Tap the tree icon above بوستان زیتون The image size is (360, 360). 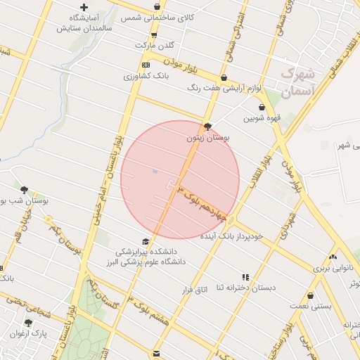[x=207, y=127]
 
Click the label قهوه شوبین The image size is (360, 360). [x=262, y=119]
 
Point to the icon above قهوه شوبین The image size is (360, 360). [x=262, y=108]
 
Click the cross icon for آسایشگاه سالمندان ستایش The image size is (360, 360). [x=84, y=8]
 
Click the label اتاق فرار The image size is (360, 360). [x=196, y=290]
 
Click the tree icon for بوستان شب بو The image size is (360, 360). [x=25, y=189]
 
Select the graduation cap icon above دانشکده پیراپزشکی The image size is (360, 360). [x=146, y=241]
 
